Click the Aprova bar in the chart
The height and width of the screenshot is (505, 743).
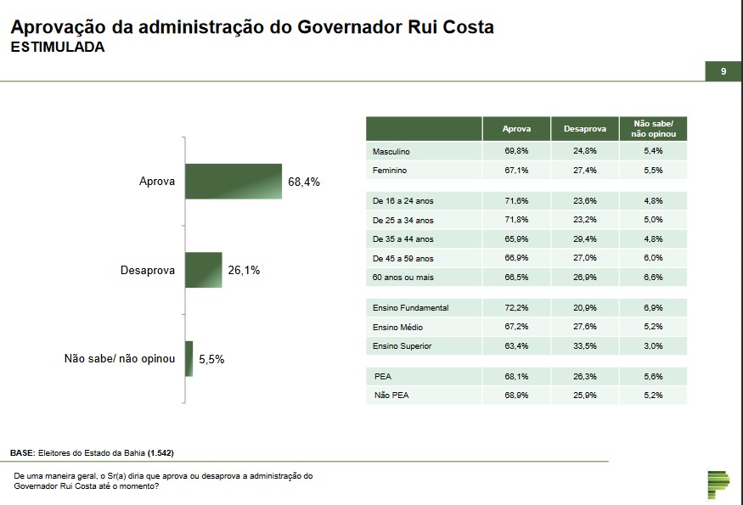click(234, 182)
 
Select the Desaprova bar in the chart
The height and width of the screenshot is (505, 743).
click(204, 270)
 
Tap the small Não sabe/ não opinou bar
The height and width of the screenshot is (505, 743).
click(189, 358)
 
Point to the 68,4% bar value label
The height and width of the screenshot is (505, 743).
click(304, 182)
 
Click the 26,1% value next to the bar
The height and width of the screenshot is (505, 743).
click(244, 271)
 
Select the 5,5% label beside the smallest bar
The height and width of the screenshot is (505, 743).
click(211, 359)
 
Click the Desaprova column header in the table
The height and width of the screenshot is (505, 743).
click(585, 129)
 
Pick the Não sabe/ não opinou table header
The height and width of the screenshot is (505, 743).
click(653, 129)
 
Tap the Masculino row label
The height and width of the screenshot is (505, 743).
click(391, 151)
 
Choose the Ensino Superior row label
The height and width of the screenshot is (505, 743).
click(402, 346)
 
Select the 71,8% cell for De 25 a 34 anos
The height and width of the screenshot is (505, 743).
click(516, 220)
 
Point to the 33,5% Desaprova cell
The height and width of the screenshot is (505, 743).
click(585, 346)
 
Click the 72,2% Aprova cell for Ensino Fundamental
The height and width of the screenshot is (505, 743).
click(516, 307)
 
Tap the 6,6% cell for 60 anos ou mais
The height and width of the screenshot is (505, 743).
click(653, 278)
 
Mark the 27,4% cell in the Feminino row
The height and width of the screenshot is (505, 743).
click(585, 171)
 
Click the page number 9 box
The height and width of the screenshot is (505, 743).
click(723, 72)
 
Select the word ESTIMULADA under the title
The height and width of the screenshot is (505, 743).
click(58, 48)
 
